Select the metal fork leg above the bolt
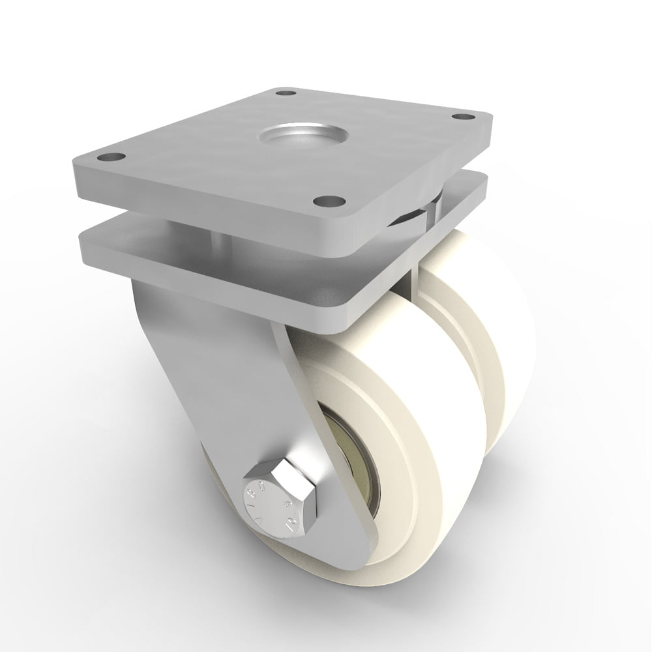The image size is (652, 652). (215, 365)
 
